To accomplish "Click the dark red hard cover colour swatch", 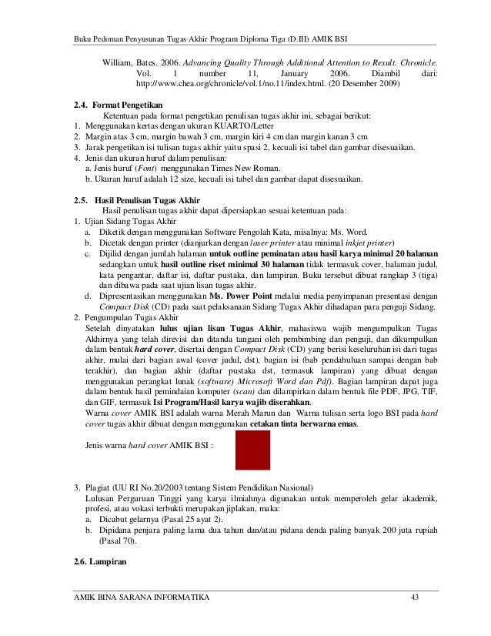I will tap(252, 450).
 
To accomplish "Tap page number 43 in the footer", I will tap(416, 599).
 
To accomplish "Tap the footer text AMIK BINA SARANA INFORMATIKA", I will tap(141, 599).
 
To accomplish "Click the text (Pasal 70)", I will tap(118, 541).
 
